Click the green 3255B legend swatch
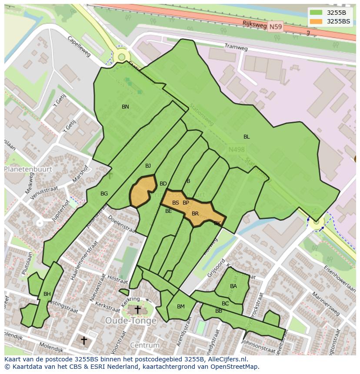point(316,13)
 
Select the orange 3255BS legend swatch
point(316,21)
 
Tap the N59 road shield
point(275,27)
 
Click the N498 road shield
point(237,149)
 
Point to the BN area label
point(125,107)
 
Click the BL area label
point(247,137)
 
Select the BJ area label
point(148,166)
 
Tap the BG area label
point(104,194)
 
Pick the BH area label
point(47,294)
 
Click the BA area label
point(233,286)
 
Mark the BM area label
point(181,307)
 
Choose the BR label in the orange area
point(195,214)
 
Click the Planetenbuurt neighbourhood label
point(28,169)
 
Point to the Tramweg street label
point(236,46)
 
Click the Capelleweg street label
point(79,46)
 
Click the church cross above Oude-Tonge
point(137,310)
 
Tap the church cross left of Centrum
point(84,340)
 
